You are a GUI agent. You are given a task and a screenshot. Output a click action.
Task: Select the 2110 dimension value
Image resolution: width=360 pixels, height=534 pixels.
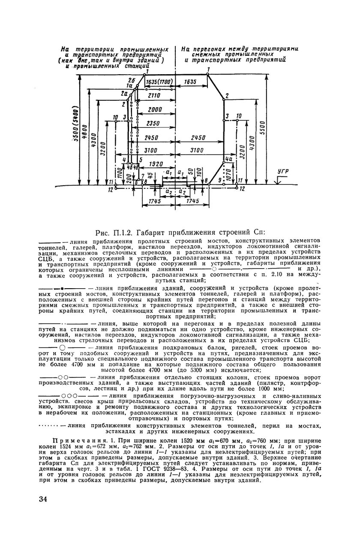pyautogui.click(x=154, y=96)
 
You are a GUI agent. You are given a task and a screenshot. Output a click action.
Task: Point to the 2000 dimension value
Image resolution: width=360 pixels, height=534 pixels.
pyautogui.click(x=155, y=110)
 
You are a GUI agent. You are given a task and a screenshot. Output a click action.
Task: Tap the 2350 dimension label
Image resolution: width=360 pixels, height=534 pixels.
pyautogui.click(x=153, y=124)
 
